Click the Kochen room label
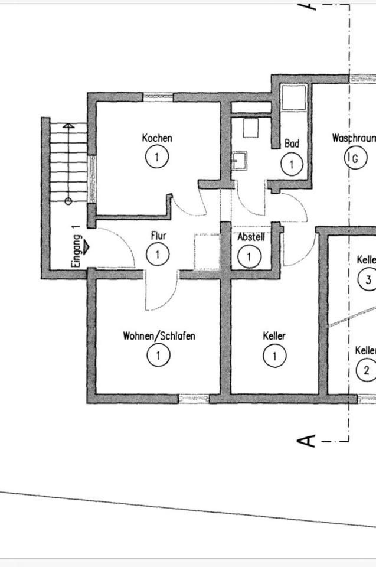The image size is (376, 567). click(157, 138)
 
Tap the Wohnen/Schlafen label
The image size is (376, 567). click(159, 336)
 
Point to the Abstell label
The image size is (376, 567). click(251, 237)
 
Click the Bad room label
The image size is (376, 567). click(292, 144)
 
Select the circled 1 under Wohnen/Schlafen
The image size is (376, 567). click(159, 356)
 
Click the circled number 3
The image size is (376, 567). click(368, 279)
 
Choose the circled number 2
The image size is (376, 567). click(367, 370)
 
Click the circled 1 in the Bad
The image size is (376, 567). click(292, 164)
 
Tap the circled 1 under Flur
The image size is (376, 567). click(158, 255)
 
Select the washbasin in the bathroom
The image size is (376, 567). click(240, 160)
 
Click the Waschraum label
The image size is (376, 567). click(354, 138)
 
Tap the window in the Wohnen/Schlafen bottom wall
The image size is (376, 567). click(194, 399)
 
